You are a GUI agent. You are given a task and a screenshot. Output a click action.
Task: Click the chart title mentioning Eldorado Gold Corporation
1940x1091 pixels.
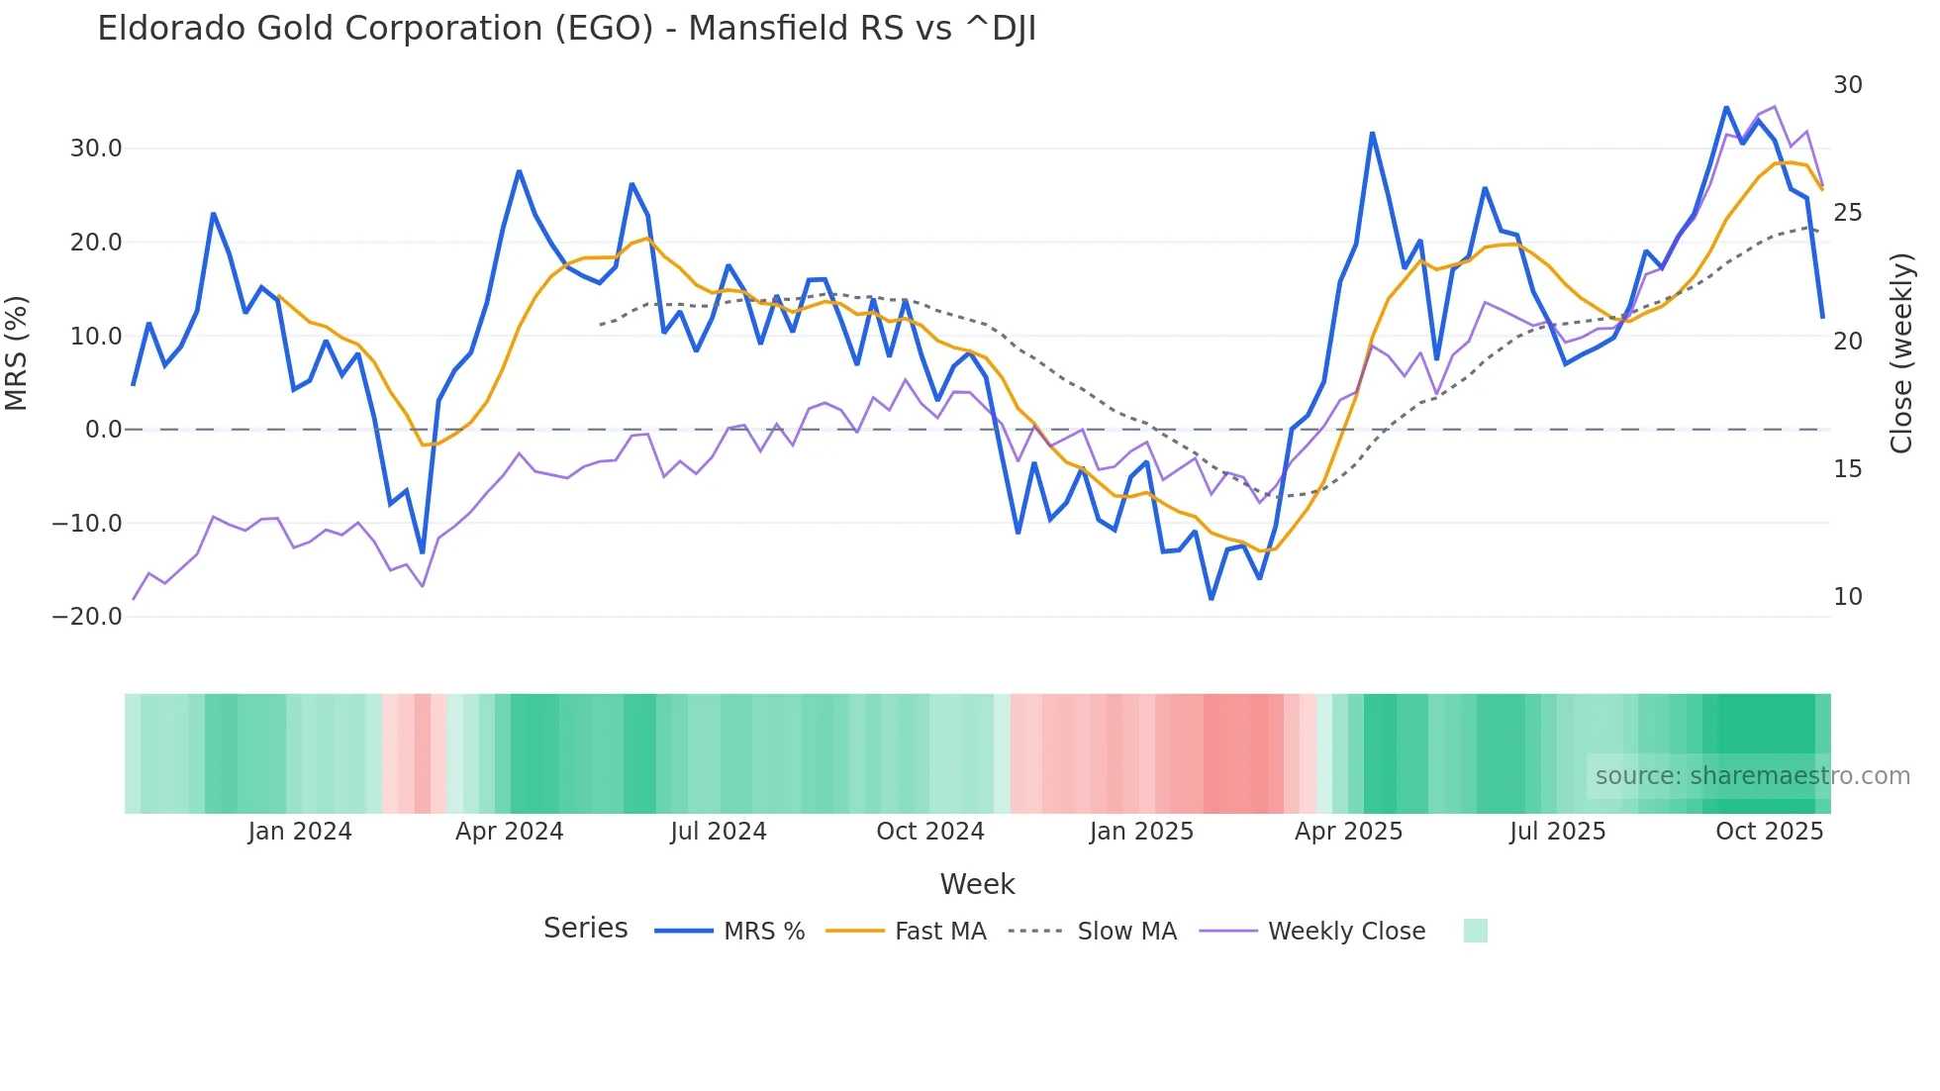[x=566, y=29]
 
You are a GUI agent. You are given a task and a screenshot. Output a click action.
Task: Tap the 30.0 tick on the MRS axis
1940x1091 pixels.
[x=96, y=149]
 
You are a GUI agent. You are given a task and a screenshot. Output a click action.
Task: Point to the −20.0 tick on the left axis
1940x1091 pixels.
[x=88, y=617]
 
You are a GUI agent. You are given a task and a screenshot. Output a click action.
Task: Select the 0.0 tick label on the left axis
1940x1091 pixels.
[x=104, y=430]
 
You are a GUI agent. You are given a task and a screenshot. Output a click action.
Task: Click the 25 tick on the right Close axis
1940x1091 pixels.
[x=1847, y=213]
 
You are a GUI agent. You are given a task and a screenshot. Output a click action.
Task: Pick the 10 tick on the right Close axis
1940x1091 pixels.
[x=1847, y=597]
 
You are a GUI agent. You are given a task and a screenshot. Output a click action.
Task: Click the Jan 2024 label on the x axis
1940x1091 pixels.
[x=300, y=832]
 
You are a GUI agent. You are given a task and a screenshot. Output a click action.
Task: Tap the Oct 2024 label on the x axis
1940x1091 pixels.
[x=930, y=832]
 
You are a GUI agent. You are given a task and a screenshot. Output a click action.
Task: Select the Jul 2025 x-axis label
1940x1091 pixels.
[x=1557, y=832]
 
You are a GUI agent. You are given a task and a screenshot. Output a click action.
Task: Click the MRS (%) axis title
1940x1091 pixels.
[x=17, y=352]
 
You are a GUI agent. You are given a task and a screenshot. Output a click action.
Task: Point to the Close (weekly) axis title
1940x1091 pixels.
[x=1901, y=353]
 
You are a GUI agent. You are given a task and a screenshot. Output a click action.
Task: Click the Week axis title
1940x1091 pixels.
[x=977, y=884]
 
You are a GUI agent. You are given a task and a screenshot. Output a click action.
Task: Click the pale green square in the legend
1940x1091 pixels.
[x=1475, y=931]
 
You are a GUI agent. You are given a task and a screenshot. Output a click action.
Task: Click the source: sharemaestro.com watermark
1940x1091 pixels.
[x=1752, y=776]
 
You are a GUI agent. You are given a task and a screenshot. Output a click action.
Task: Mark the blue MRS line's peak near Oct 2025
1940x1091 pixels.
[x=1726, y=107]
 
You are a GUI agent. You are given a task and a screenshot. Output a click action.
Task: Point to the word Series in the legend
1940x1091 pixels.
[x=585, y=929]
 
